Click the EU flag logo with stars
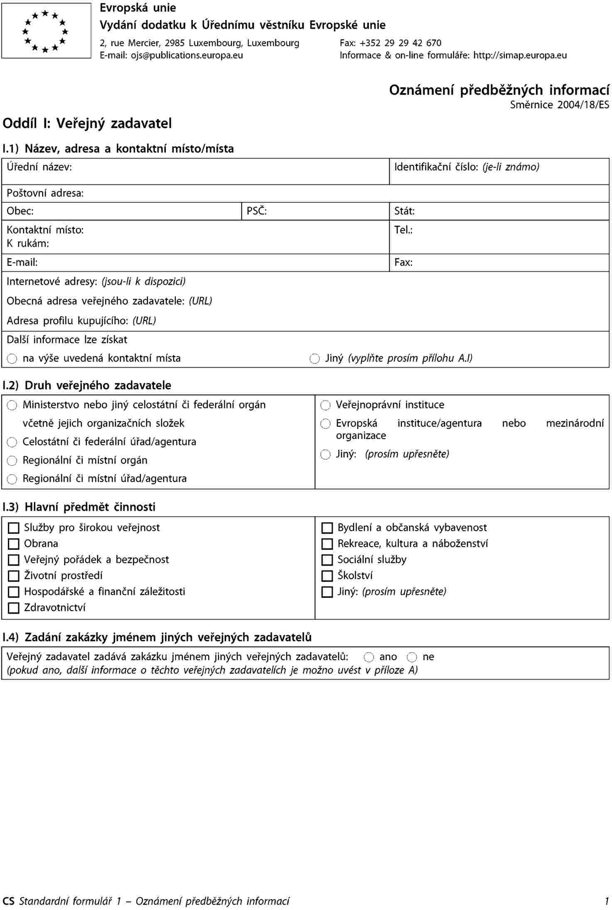46,31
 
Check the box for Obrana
14,544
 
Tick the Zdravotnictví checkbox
14,608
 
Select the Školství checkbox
327,576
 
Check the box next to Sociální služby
327,560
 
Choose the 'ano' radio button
369,657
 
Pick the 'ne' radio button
412,657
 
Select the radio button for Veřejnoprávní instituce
325,405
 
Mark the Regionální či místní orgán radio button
12,461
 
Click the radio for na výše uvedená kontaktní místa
12,359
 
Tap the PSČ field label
256,211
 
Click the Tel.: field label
403,230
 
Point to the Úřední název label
39,167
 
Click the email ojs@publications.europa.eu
187,55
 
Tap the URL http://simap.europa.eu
520,55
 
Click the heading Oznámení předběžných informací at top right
499,90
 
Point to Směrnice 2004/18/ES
559,105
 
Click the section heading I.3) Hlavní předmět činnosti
79,507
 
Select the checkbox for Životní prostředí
14,576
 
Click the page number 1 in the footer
607,901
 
